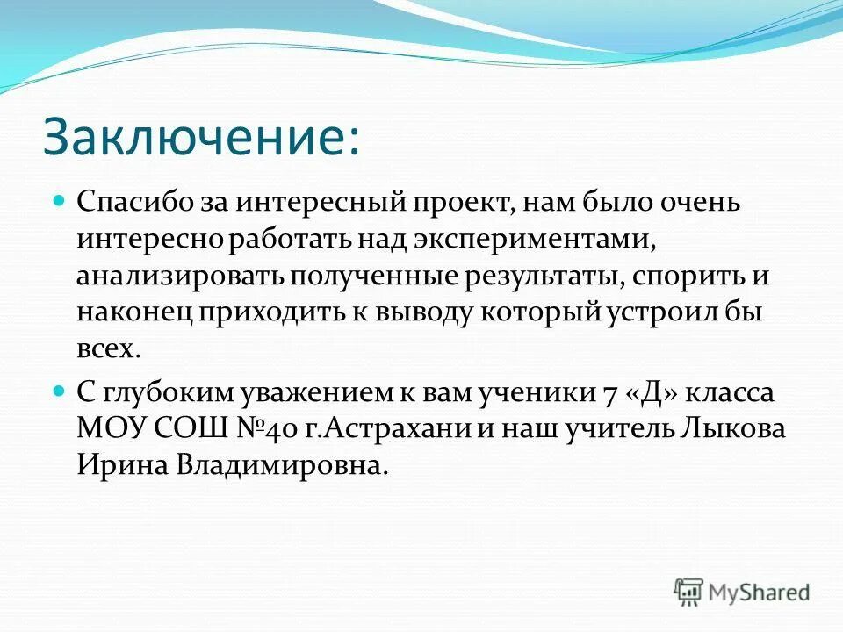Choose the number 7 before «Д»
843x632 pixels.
(612, 392)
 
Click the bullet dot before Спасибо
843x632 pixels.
(60, 201)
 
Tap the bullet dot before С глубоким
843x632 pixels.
(60, 391)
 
